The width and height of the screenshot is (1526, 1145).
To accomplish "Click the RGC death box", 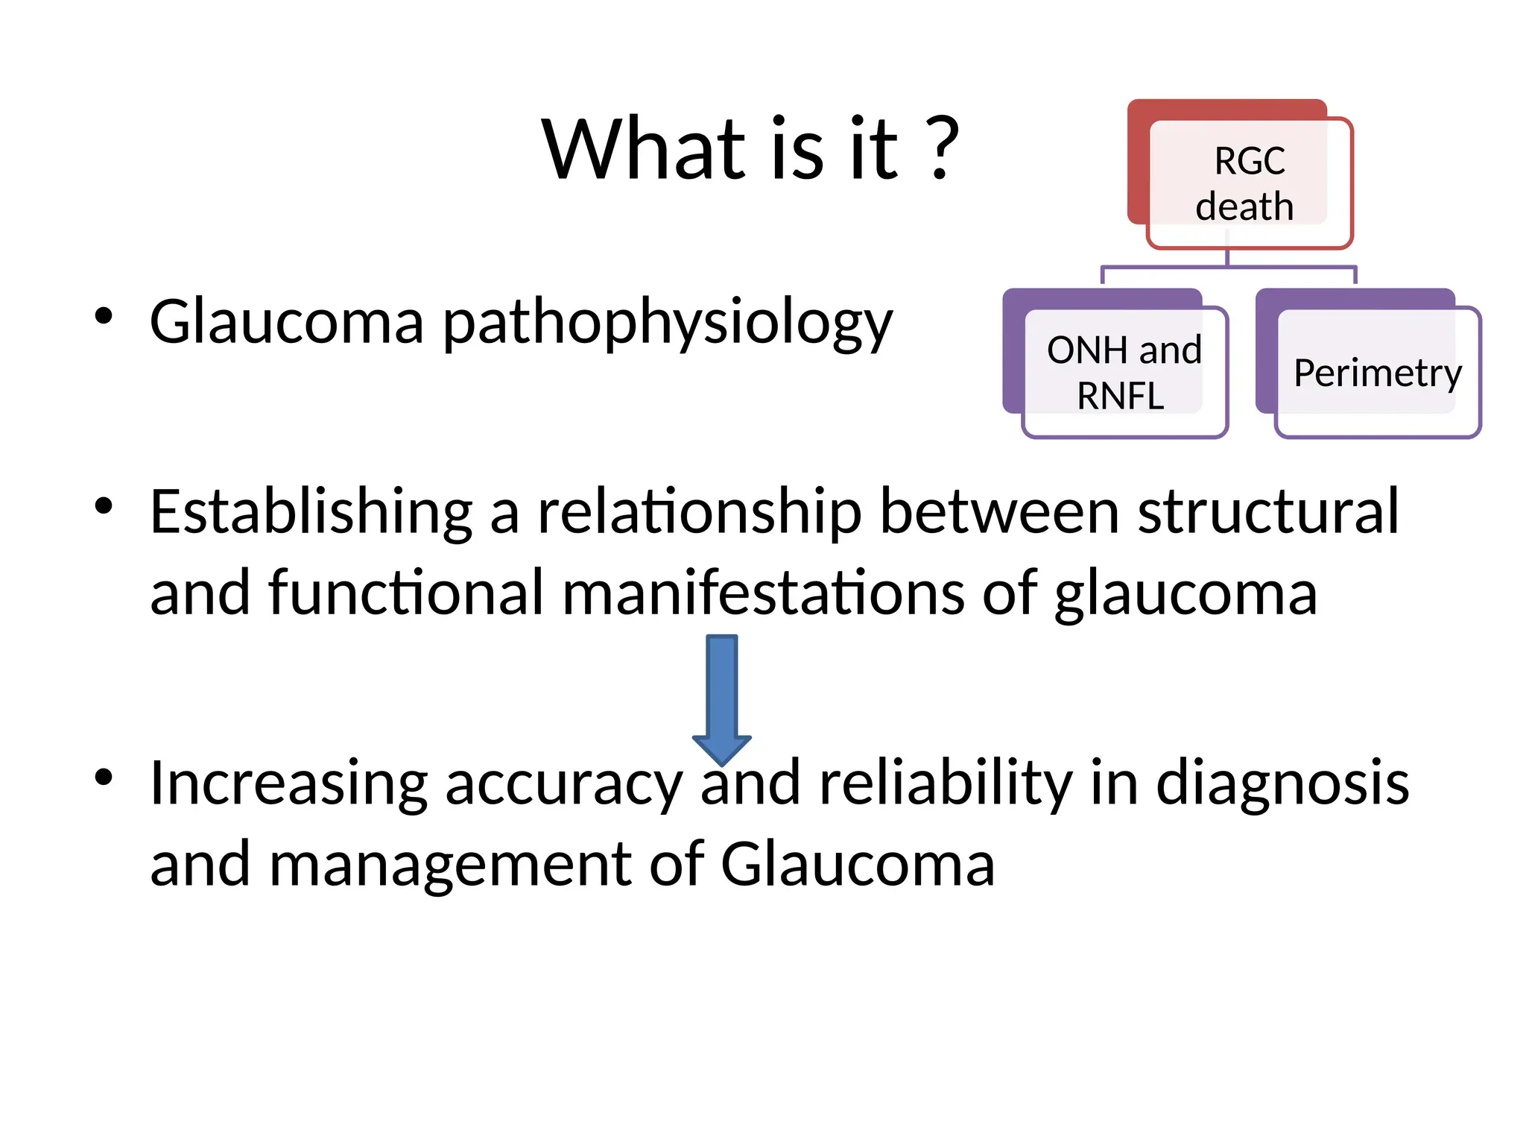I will (1249, 183).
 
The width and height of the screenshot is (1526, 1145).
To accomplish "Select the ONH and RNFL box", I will (1124, 372).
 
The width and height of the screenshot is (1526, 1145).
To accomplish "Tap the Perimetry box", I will (1377, 372).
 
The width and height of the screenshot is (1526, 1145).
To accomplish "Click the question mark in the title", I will (943, 148).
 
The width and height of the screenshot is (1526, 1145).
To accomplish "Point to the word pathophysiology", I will (668, 323).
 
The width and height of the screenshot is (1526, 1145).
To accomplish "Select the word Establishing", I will (311, 513).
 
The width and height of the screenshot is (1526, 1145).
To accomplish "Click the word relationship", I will (700, 513).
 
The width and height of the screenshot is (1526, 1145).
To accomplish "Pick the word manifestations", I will (763, 593).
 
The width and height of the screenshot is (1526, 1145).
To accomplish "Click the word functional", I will (406, 593).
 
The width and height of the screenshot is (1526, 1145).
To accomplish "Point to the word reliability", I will (946, 784).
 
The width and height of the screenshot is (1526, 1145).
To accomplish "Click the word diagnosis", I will (1282, 784).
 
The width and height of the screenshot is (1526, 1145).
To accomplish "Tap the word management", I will (450, 865).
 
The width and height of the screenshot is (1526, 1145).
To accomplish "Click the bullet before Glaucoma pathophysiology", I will (104, 316).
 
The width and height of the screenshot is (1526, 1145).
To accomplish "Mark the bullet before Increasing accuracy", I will (104, 777).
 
